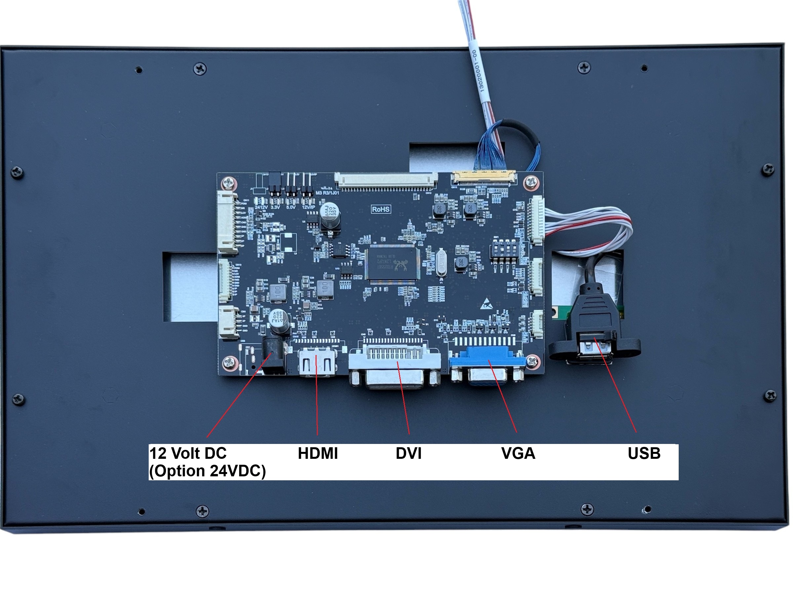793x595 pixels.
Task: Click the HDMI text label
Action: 318,453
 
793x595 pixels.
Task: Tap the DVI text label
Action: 408,453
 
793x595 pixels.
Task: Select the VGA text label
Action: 518,453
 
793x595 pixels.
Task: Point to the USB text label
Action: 644,453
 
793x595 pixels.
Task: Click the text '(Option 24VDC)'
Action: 207,471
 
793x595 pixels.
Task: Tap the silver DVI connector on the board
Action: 394,366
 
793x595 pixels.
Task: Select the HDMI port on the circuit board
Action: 317,362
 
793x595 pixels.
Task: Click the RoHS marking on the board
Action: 381,209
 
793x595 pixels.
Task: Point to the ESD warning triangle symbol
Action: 485,303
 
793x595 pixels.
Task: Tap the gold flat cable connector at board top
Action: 484,177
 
